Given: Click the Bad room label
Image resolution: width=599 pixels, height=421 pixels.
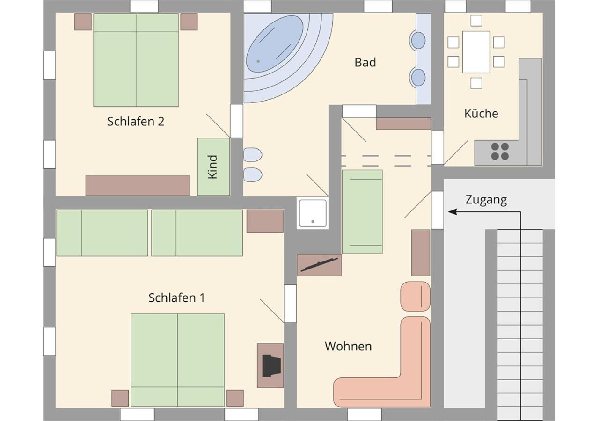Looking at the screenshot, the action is (365, 63).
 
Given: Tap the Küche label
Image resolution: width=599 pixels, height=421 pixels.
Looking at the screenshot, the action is (481, 114).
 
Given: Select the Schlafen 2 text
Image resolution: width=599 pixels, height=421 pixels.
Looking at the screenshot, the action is (136, 121).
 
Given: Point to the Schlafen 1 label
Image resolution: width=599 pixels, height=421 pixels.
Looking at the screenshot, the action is (177, 298).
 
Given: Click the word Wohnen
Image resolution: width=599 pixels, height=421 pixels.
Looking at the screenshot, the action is (348, 347).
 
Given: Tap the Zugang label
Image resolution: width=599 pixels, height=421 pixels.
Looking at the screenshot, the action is (486, 200).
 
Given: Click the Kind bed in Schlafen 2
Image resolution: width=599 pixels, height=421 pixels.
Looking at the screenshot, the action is (213, 167).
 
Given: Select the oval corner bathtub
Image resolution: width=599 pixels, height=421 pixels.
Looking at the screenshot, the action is (275, 44).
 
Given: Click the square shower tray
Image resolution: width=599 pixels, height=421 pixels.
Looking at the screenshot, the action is (313, 213).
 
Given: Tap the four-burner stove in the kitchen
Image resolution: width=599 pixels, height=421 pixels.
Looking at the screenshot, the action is (500, 151).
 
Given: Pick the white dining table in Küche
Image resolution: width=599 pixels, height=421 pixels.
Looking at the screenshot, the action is (476, 52).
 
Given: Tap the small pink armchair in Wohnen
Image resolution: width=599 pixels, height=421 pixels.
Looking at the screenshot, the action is (415, 297).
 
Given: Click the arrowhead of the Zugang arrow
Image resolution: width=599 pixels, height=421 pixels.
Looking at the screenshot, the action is (452, 212).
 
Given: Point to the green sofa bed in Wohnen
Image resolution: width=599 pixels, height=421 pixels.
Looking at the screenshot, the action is (362, 212).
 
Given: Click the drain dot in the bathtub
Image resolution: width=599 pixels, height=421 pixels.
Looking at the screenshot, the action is (258, 61).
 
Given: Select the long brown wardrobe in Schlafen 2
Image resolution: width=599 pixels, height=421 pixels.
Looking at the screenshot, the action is (138, 185).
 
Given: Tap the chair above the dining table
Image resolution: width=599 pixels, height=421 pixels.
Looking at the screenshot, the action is (476, 21).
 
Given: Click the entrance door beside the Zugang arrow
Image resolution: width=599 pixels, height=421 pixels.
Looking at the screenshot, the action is (438, 210).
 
